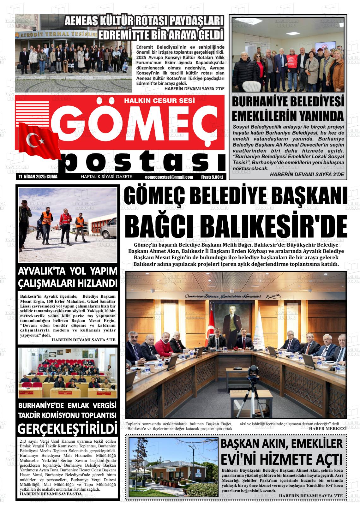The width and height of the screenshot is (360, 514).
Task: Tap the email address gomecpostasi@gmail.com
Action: [169, 177]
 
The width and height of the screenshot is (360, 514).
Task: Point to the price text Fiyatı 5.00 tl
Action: [212, 177]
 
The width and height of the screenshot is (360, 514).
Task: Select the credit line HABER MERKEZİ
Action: [327, 428]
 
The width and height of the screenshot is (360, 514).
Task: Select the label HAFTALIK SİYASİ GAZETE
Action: [106, 177]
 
